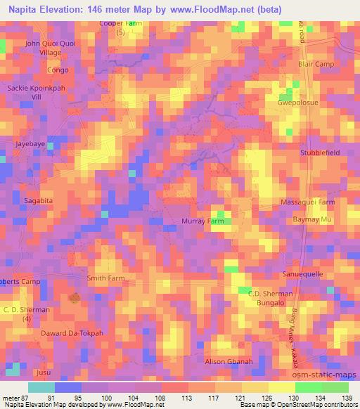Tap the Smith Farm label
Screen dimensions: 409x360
pyautogui.click(x=105, y=278)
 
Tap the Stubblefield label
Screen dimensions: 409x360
pyautogui.click(x=320, y=152)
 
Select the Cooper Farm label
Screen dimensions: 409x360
pyautogui.click(x=120, y=23)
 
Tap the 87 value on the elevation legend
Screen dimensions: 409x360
pyautogui.click(x=27, y=398)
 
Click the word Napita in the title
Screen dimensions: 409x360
pyautogui.click(x=25, y=10)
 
